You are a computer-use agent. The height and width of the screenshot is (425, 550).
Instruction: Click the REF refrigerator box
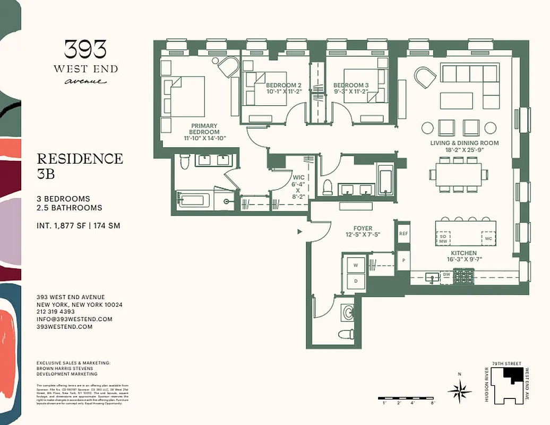click(x=403, y=233)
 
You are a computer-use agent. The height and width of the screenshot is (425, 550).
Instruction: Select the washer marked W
click(x=355, y=264)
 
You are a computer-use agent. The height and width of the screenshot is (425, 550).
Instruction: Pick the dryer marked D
click(x=355, y=280)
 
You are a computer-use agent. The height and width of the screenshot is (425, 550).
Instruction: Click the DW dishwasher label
click(x=446, y=275)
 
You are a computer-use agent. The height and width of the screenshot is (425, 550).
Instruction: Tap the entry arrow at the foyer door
click(x=300, y=232)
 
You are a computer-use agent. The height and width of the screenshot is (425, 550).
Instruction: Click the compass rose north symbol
click(x=460, y=391)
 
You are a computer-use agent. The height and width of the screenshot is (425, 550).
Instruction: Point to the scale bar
click(x=407, y=398)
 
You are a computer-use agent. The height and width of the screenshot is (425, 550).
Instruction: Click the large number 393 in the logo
click(x=85, y=50)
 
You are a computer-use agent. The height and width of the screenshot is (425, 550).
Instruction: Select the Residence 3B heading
click(x=80, y=165)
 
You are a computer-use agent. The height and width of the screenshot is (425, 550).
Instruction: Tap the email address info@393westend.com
click(x=74, y=319)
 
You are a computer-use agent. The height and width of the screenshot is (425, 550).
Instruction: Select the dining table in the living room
click(x=458, y=174)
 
